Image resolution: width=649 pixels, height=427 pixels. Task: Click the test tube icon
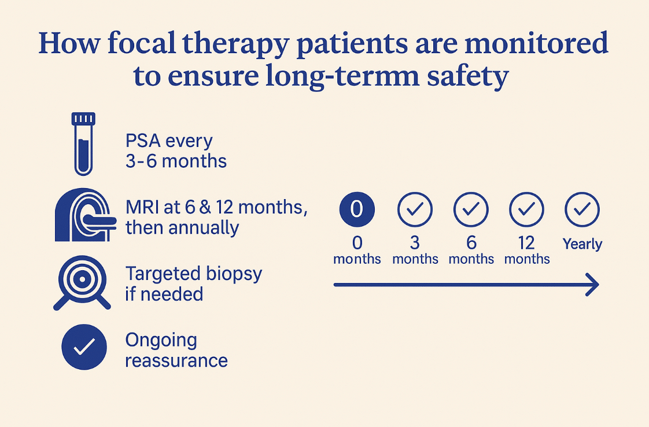tap(83, 143)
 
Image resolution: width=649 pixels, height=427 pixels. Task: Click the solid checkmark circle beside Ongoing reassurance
tap(84, 347)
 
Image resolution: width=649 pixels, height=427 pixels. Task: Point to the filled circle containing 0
tap(357, 209)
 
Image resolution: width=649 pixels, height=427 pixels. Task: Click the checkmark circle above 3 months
tap(415, 209)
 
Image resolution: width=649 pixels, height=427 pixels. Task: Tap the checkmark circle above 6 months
tap(471, 209)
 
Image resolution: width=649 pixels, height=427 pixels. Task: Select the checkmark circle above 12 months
tap(526, 209)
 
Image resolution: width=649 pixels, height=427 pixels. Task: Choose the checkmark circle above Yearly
tap(582, 209)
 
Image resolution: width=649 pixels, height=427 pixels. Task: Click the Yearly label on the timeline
tap(582, 244)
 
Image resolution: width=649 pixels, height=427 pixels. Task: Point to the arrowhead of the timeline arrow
tap(592, 285)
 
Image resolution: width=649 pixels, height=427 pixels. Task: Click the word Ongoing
tap(161, 340)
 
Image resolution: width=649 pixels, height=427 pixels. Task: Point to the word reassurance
tap(176, 360)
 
